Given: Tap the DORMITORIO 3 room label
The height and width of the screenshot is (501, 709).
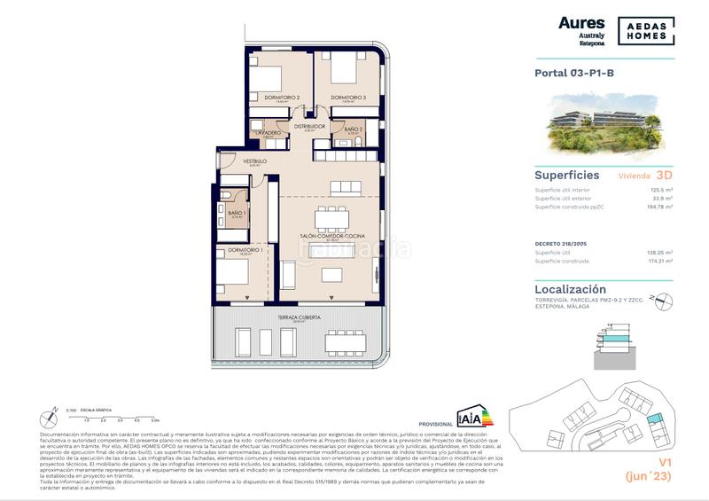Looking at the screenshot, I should point(347,98).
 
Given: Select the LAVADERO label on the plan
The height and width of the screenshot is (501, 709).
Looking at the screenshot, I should point(269,132).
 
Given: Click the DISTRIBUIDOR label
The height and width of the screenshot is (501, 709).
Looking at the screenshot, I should point(311,126).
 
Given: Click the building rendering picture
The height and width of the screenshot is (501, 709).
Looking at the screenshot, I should point(604,125).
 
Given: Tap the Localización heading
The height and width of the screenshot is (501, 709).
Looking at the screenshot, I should point(571,289).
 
